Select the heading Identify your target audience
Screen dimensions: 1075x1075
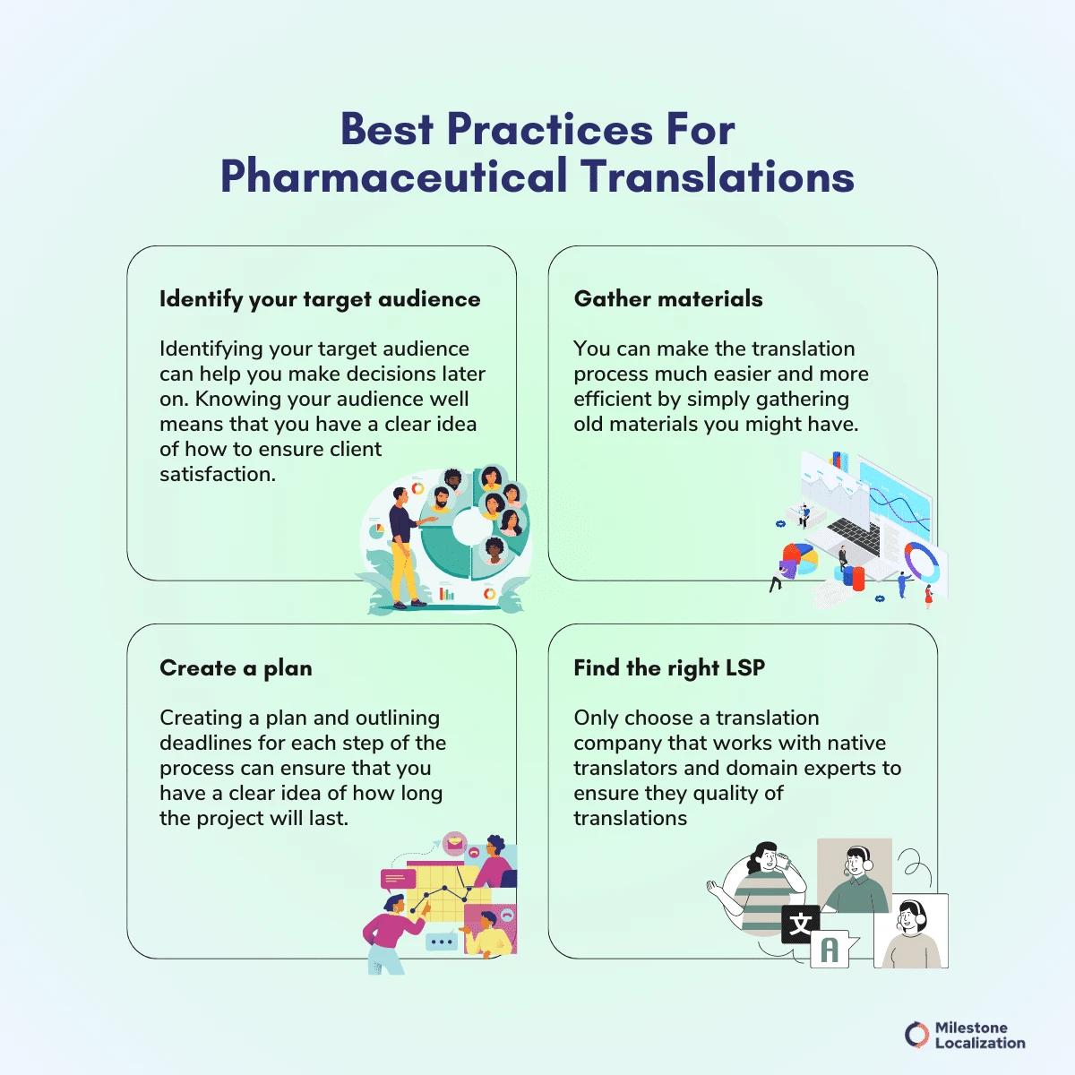pos(320,299)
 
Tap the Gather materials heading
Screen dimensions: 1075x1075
pos(668,299)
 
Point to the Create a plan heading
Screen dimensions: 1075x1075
pos(236,668)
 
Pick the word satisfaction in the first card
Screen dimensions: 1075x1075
pos(218,474)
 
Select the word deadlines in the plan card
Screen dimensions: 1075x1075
pos(202,743)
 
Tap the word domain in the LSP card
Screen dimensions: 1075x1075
pos(761,768)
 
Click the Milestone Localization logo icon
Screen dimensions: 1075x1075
pos(916,1035)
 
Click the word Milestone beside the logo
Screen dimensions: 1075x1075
pos(971,1028)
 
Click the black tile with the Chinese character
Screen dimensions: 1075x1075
pos(800,924)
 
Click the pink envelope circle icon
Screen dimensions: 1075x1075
pos(455,843)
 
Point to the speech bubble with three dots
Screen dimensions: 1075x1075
pos(441,942)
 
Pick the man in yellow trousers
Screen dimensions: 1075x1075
pos(402,546)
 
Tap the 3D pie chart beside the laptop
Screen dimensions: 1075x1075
pos(799,560)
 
